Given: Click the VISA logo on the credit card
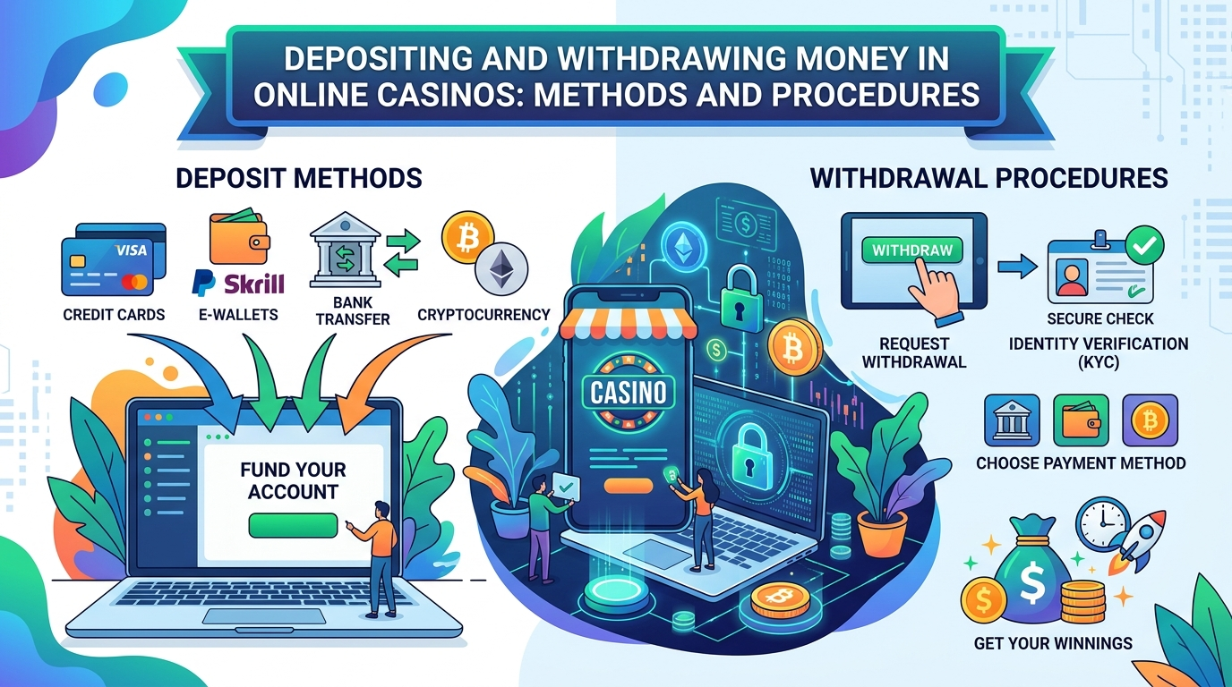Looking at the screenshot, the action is coord(132,250).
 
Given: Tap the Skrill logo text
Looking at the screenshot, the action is coord(254,284).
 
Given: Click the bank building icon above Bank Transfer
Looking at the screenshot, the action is coord(345,250).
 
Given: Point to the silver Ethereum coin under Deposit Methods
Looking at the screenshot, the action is coord(501,269).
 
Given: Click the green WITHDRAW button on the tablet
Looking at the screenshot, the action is coord(911,250).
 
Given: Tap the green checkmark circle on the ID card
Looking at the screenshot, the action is coord(1144,246).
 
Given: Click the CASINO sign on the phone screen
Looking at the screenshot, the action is coord(629,392).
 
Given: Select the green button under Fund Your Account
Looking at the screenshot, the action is coord(293,525).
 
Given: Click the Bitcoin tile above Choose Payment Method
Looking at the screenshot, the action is coord(1150,420).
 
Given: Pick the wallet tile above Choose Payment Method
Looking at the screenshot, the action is coord(1081,420).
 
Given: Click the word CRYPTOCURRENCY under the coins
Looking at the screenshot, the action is coord(483,314).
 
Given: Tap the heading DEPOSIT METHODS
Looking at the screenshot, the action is coord(299,178).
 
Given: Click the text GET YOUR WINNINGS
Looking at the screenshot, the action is coord(1053,643).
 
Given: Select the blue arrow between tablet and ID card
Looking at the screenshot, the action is coord(1016,267).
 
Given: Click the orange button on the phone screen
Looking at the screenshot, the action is coord(629,486).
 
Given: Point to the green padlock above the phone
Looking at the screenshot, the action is coord(741,300).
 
